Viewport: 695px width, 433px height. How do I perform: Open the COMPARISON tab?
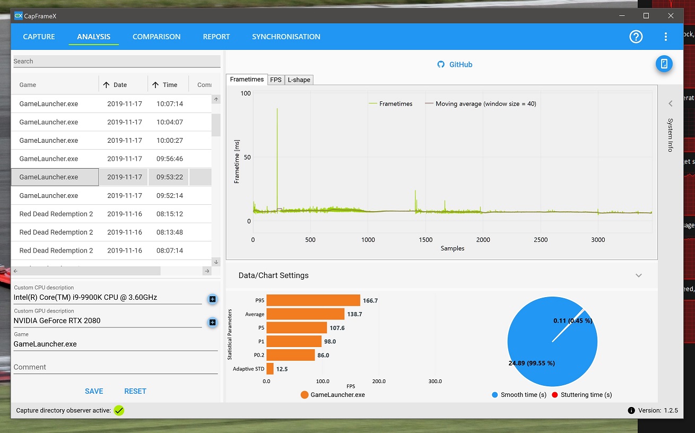[x=157, y=37]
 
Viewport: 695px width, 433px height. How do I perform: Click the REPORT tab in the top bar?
[x=216, y=37]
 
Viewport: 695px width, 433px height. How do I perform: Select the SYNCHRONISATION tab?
[x=286, y=37]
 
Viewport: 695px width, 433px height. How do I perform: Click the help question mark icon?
[x=636, y=37]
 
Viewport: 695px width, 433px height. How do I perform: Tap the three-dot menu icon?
[x=666, y=37]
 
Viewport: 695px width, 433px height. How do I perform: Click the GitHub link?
[x=460, y=65]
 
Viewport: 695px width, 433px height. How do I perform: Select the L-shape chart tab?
[x=299, y=80]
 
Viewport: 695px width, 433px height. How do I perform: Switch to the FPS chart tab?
[x=275, y=80]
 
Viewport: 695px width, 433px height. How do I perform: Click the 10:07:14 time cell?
[x=170, y=104]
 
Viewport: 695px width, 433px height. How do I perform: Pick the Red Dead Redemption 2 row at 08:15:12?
[x=56, y=214]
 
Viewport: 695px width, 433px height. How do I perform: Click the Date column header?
[x=120, y=85]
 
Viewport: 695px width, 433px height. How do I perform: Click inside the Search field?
[x=117, y=61]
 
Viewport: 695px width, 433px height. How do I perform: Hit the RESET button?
[x=135, y=391]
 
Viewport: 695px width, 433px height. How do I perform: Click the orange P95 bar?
[x=313, y=300]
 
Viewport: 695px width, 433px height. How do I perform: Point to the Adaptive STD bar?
[x=270, y=369]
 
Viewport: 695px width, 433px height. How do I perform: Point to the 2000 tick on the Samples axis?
[x=483, y=240]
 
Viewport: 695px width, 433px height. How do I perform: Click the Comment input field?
[x=116, y=367]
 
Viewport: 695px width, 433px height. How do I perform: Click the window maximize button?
[x=646, y=16]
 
